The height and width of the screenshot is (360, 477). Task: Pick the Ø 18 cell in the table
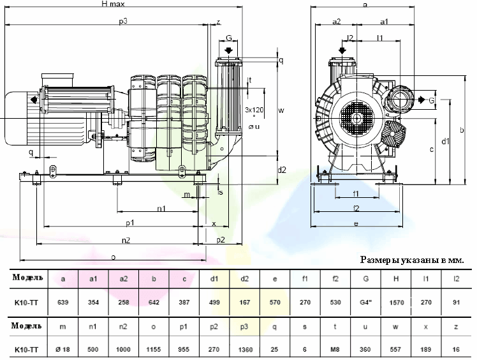pos(62,349)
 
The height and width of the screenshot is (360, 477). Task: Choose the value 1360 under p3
pos(245,349)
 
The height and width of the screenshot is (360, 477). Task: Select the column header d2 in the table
pos(245,279)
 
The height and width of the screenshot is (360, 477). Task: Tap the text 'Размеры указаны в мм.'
pos(412,260)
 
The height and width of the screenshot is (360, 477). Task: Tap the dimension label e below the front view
pos(355,223)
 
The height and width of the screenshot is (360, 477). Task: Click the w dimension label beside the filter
pos(281,109)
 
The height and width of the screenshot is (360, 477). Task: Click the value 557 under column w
pos(396,349)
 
